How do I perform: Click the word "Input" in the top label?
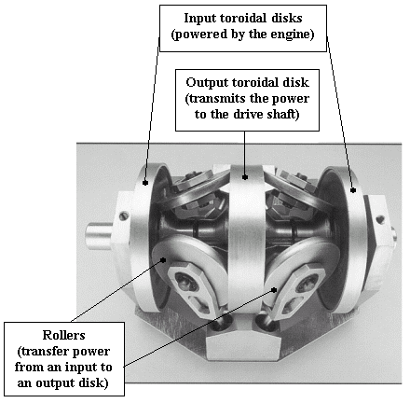199,19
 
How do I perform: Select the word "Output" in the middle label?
207,83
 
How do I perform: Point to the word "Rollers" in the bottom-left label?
63,335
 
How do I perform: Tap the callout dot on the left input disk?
144,183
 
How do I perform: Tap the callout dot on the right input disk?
353,190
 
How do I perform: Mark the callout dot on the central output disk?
245,177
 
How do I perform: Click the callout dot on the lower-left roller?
163,260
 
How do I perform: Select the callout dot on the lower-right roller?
274,290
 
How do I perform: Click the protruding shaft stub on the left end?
100,236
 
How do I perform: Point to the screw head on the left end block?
124,215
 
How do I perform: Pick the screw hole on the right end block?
379,220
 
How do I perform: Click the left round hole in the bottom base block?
221,324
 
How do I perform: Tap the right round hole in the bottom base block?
266,324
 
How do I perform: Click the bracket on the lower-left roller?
193,287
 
